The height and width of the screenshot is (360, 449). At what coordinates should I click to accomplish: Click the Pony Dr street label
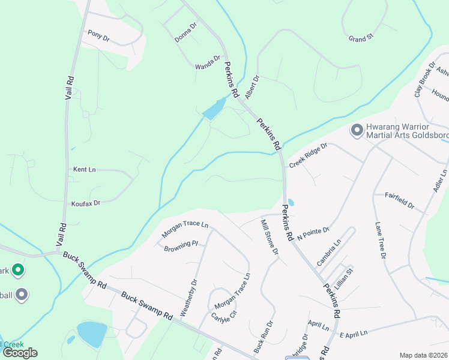[98, 35]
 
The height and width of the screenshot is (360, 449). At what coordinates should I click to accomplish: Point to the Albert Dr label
[252, 87]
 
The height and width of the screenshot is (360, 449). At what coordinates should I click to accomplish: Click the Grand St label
[361, 38]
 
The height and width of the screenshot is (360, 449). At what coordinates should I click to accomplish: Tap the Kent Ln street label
[84, 170]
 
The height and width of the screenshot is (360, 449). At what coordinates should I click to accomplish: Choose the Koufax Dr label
[85, 203]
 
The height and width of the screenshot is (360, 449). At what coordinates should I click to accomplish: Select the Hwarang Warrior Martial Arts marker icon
[357, 130]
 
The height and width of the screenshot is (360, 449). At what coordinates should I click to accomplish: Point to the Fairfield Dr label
[399, 200]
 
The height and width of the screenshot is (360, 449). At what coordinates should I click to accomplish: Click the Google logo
[20, 353]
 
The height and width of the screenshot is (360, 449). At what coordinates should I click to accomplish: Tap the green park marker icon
[18, 271]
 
